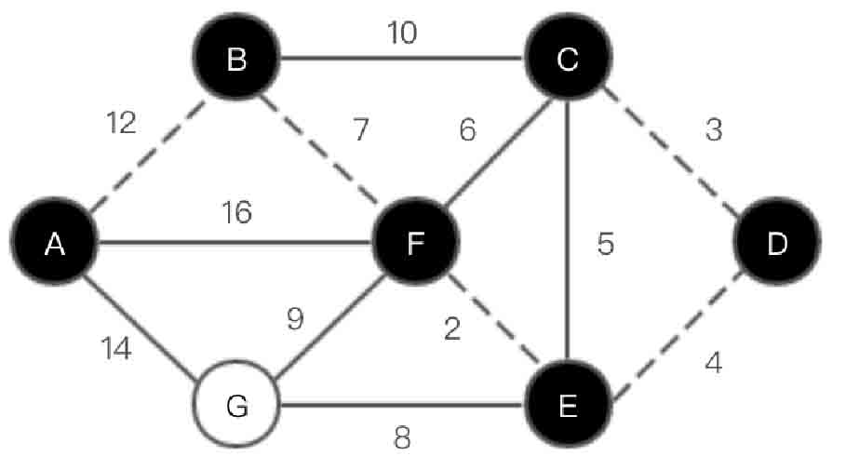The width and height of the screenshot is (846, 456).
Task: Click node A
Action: (55, 243)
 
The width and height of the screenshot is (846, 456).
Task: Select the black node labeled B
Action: (236, 60)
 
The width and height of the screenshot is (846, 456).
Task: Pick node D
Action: (776, 243)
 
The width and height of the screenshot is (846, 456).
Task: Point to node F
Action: (415, 243)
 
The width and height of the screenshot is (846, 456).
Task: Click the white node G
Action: (236, 407)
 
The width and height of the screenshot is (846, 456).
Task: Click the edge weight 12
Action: (121, 122)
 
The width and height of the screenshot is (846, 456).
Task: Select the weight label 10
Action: (402, 34)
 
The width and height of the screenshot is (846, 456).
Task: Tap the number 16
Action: (236, 213)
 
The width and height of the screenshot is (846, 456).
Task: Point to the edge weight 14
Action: (115, 349)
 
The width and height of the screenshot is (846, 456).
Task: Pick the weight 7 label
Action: (360, 130)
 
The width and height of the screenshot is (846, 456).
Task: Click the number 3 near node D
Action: (713, 129)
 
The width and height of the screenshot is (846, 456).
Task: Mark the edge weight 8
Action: (401, 437)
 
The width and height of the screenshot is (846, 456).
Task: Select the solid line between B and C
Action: (401, 60)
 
